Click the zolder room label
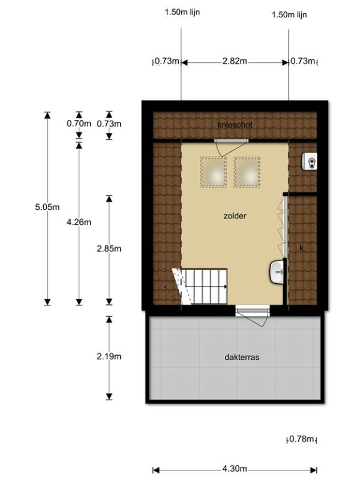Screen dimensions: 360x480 235,216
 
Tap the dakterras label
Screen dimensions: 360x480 242,357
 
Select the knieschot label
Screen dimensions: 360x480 235,125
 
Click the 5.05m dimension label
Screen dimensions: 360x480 47,207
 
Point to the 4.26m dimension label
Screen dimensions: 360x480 79,222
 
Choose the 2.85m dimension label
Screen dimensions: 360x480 109,248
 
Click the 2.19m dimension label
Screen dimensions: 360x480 109,356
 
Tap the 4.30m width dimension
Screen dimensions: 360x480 235,469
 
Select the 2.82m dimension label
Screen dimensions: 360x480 235,61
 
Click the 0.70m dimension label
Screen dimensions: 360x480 79,124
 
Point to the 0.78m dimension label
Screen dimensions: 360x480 302,439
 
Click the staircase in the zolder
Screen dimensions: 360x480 200,286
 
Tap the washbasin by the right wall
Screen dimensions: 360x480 277,272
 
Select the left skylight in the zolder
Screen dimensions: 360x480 214,172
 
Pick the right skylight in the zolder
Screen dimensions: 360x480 247,172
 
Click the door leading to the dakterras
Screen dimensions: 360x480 253,316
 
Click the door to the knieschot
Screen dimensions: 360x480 230,148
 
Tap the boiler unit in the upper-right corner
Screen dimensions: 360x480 310,161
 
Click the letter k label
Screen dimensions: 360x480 301,248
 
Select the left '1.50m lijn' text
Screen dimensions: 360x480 182,12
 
